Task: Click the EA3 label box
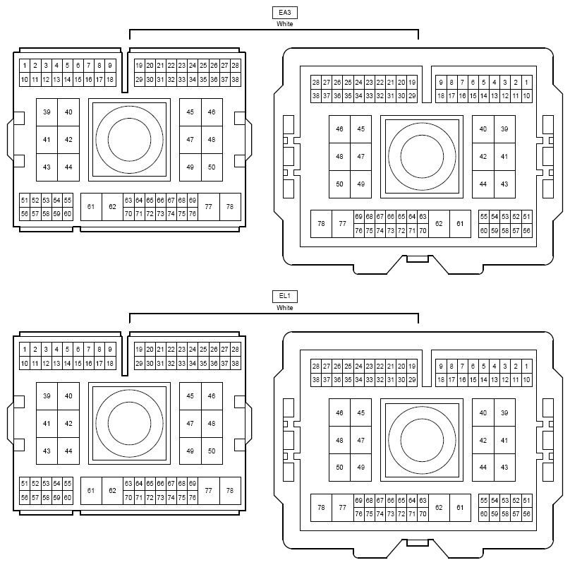point(284,13)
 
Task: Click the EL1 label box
point(284,297)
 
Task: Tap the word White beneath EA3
point(284,24)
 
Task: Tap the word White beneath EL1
point(284,308)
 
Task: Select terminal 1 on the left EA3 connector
point(25,66)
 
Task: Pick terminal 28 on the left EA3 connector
point(235,66)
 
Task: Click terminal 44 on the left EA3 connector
point(68,167)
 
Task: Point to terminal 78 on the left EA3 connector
point(230,207)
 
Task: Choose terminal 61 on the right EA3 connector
point(460,224)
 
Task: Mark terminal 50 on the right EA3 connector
point(339,184)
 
